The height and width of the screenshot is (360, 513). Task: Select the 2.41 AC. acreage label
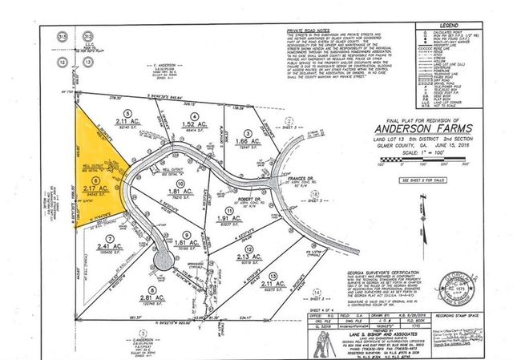coord(102,246)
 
